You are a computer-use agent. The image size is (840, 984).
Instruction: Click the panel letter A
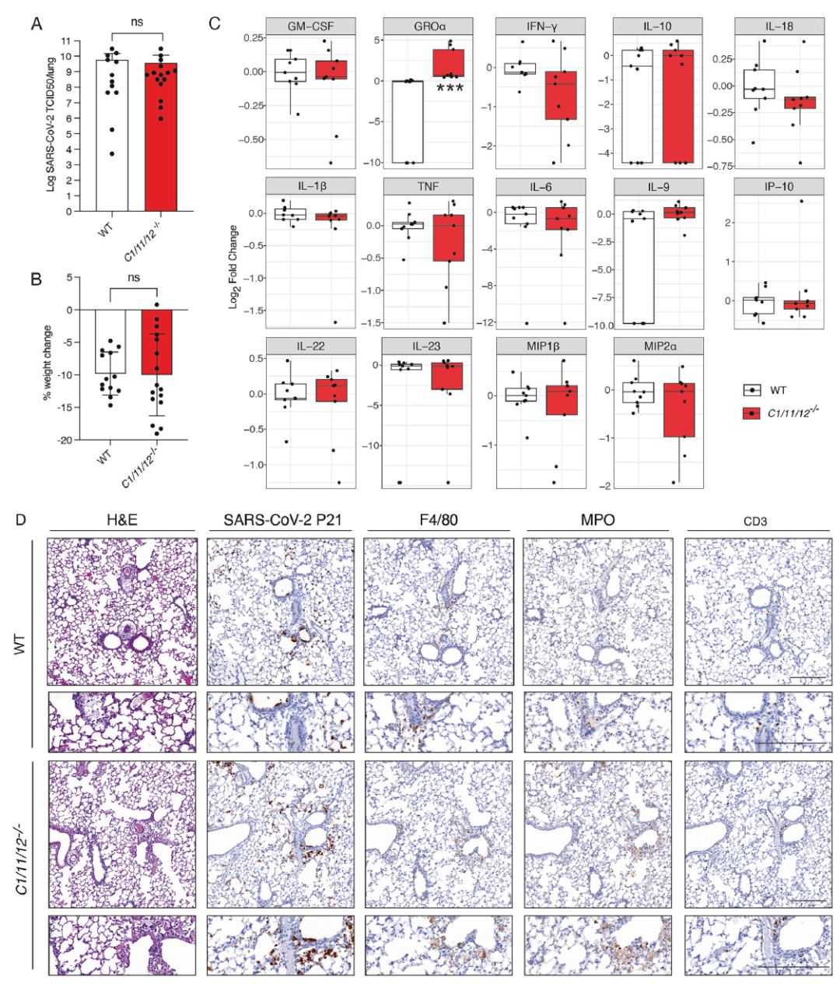[x=36, y=24]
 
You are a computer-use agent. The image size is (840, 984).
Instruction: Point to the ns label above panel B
[x=134, y=278]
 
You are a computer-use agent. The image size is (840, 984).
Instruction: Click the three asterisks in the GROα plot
[x=450, y=89]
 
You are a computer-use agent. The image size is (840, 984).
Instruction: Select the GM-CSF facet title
[x=310, y=26]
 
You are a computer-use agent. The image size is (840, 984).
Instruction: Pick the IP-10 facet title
[x=779, y=186]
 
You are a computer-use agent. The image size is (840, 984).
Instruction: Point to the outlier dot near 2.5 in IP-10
[x=802, y=202]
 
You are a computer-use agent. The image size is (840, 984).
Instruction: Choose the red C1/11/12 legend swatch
[x=751, y=413]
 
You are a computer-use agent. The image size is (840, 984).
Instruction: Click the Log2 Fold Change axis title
[x=233, y=267]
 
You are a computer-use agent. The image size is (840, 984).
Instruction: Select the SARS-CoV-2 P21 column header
[x=280, y=520]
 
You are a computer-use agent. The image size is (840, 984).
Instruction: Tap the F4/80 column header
[x=439, y=520]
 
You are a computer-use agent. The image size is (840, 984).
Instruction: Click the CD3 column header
[x=755, y=521]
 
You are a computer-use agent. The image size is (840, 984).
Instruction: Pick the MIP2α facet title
[x=658, y=346]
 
